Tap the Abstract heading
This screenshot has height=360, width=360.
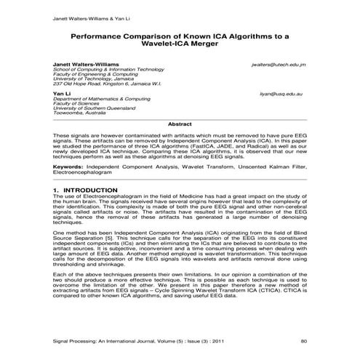pos(180,124)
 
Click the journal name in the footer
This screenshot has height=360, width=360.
pos(120,340)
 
